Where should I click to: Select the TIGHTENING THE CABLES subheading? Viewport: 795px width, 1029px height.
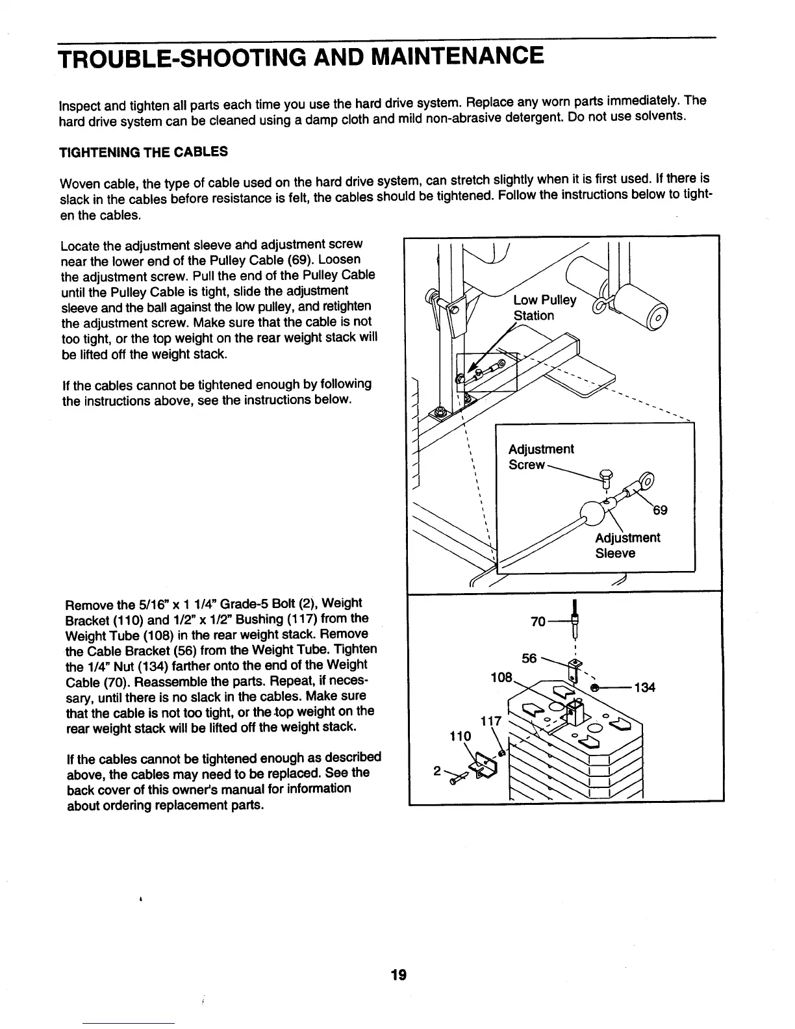pos(144,152)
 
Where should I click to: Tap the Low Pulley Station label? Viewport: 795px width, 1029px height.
pos(544,308)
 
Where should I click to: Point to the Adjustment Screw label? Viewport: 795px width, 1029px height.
pos(540,457)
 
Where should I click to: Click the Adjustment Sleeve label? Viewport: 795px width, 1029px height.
pos(627,546)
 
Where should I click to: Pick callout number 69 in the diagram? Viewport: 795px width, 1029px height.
pos(660,510)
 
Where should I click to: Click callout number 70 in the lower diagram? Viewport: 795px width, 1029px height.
pos(538,621)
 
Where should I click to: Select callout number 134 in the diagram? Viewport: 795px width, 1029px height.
pos(644,687)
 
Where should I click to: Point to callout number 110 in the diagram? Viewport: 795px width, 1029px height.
pos(461,737)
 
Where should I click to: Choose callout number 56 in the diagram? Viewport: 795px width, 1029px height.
pos(529,659)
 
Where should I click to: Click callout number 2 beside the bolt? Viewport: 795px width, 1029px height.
pos(436,772)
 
